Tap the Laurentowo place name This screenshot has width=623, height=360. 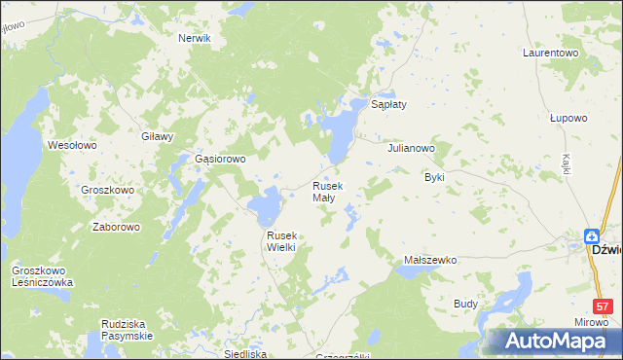pyautogui.click(x=551, y=52)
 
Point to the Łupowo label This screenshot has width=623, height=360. pyautogui.click(x=568, y=118)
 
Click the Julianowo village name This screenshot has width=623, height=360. pyautogui.click(x=410, y=149)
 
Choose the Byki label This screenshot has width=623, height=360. pyautogui.click(x=434, y=178)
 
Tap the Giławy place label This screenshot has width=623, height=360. pyautogui.click(x=157, y=137)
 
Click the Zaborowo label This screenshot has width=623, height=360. pyautogui.click(x=116, y=227)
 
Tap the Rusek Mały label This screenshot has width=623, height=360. pyautogui.click(x=326, y=192)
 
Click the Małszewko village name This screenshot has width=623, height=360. pyautogui.click(x=430, y=261)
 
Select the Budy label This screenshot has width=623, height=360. pyautogui.click(x=465, y=304)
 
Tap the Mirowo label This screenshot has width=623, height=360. pyautogui.click(x=591, y=321)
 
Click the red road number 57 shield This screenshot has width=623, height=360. pyautogui.click(x=603, y=306)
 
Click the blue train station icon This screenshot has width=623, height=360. pyautogui.click(x=592, y=235)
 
